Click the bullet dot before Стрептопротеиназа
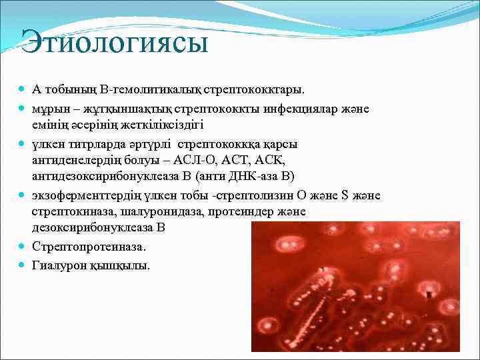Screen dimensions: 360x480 pos(23,247)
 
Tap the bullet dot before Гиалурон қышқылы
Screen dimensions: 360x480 pos(23,265)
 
